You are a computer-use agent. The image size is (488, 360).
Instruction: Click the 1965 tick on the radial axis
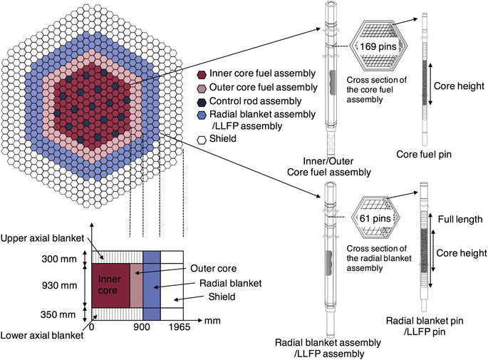(180, 329)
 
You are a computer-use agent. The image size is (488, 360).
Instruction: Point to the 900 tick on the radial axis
(143, 329)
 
